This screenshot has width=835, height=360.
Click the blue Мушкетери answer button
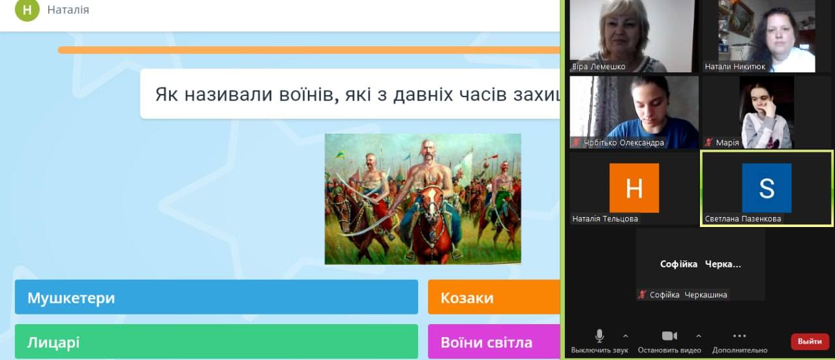click(216, 297)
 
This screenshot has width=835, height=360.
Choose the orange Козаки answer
click(494, 297)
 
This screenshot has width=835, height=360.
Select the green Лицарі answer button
click(216, 341)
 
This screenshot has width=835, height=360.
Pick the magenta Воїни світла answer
click(494, 341)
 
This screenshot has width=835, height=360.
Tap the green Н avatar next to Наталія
click(27, 10)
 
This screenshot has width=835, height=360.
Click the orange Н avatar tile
click(634, 188)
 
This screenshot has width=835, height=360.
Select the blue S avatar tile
click(767, 188)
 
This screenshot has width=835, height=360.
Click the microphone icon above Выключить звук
click(600, 336)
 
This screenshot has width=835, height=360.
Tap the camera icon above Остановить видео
click(669, 336)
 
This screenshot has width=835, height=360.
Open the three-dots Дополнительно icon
click(740, 336)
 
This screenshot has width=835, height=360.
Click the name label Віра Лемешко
click(599, 67)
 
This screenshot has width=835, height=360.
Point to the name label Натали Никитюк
click(735, 67)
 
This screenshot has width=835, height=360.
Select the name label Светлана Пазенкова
click(743, 218)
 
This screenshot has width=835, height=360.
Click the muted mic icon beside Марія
click(708, 142)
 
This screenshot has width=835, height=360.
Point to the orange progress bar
click(309, 50)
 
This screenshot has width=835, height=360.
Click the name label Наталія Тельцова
click(605, 218)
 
